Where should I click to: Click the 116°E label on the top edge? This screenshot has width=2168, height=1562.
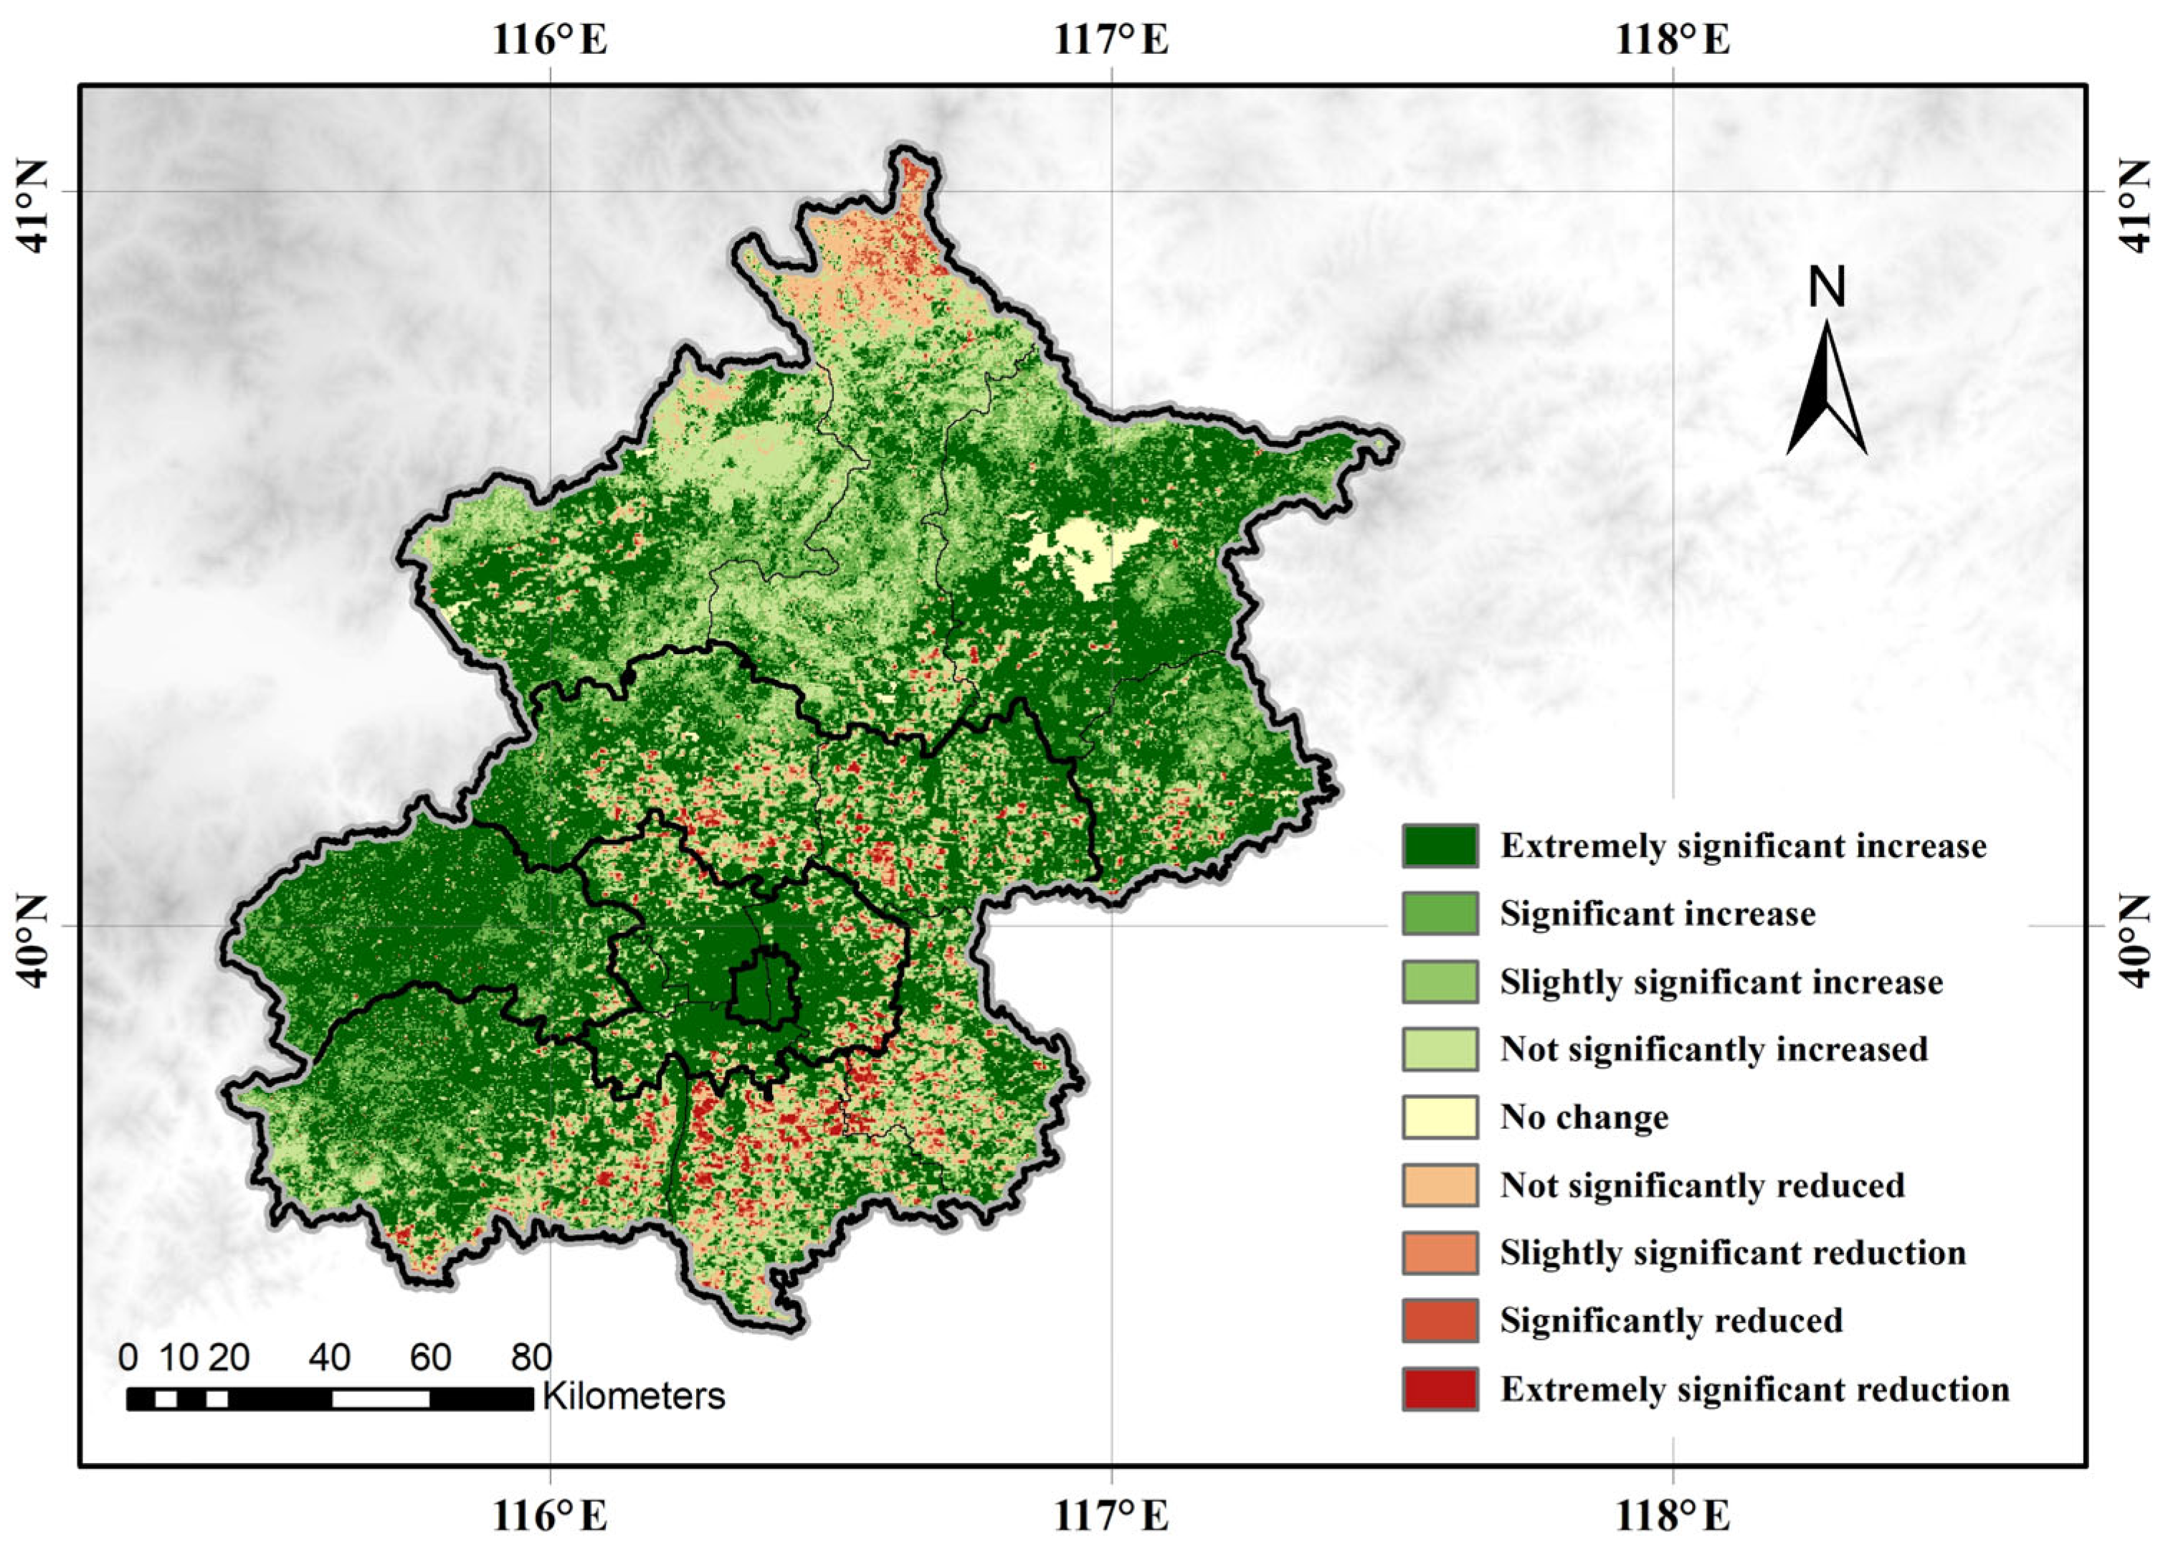coord(550,41)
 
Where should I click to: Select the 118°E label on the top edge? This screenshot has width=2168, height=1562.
coord(1673,41)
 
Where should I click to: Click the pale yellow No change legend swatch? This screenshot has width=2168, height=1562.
coord(1440,1117)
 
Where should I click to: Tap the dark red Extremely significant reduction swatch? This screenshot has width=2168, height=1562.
coord(1440,1388)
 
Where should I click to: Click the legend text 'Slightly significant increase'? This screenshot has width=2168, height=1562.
coord(1721,983)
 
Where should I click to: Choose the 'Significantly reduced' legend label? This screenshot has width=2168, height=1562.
coord(1671,1320)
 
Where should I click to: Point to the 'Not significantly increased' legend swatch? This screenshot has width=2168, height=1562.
coord(1440,1049)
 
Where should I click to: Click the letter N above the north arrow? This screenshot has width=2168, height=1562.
coord(1827,287)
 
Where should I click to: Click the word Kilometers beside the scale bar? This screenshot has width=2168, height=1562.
coord(634,1396)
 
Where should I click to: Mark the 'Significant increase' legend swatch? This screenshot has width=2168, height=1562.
coord(1440,913)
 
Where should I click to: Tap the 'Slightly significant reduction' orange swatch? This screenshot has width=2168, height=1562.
coord(1440,1252)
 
